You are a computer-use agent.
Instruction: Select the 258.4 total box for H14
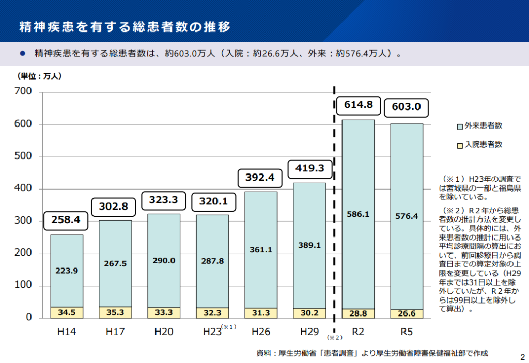[x=66, y=220]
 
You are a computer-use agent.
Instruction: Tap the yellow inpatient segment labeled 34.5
[x=67, y=312]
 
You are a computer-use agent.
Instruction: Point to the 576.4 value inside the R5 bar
[x=407, y=216]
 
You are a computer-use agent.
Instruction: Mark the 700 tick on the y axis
[x=24, y=92]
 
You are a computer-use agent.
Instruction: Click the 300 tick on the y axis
[x=24, y=221]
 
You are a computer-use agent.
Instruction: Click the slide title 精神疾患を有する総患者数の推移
[x=125, y=26]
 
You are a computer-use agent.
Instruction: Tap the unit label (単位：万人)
[x=40, y=76]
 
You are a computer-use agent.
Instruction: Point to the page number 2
[x=521, y=356]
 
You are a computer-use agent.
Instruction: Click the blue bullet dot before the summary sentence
[x=22, y=53]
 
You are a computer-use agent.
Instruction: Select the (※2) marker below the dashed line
[x=334, y=338]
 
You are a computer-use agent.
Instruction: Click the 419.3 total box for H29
[x=309, y=168]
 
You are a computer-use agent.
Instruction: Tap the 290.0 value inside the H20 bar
[x=164, y=261]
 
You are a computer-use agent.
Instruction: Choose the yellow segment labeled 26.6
[x=407, y=313]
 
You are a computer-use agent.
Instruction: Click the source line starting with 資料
[x=372, y=353]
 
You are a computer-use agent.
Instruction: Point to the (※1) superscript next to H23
[x=228, y=327]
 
